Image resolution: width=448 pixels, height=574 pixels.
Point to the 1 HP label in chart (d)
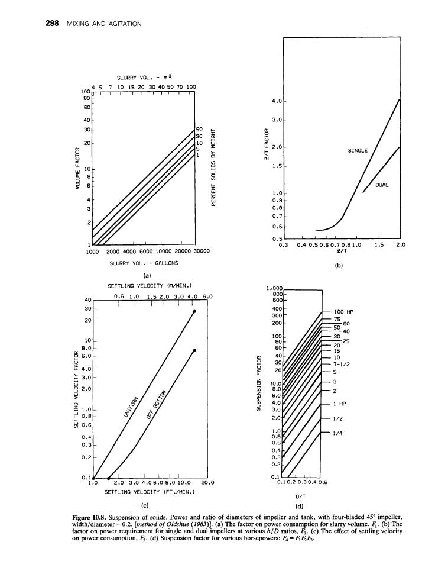tap(339, 404)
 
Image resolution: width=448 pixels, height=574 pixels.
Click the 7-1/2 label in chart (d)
tap(342, 365)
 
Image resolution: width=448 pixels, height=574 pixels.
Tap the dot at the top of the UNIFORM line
tap(194, 311)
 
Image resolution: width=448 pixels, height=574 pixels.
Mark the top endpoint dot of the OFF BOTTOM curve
tap(194, 350)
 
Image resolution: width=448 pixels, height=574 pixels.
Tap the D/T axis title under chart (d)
tap(300, 498)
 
